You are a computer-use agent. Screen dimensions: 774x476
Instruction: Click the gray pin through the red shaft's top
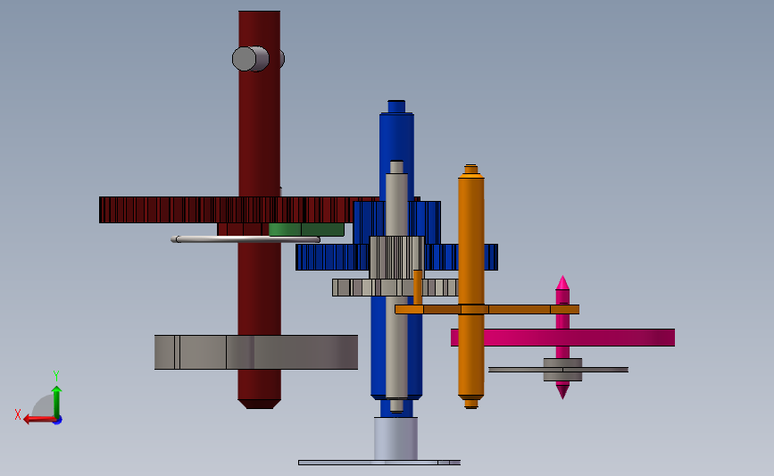point(251,59)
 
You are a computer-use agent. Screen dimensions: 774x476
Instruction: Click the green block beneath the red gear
point(306,230)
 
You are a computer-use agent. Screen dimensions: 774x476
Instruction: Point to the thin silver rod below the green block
point(246,239)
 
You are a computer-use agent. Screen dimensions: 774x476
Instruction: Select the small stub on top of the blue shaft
point(396,106)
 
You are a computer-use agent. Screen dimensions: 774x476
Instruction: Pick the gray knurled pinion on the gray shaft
point(396,257)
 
